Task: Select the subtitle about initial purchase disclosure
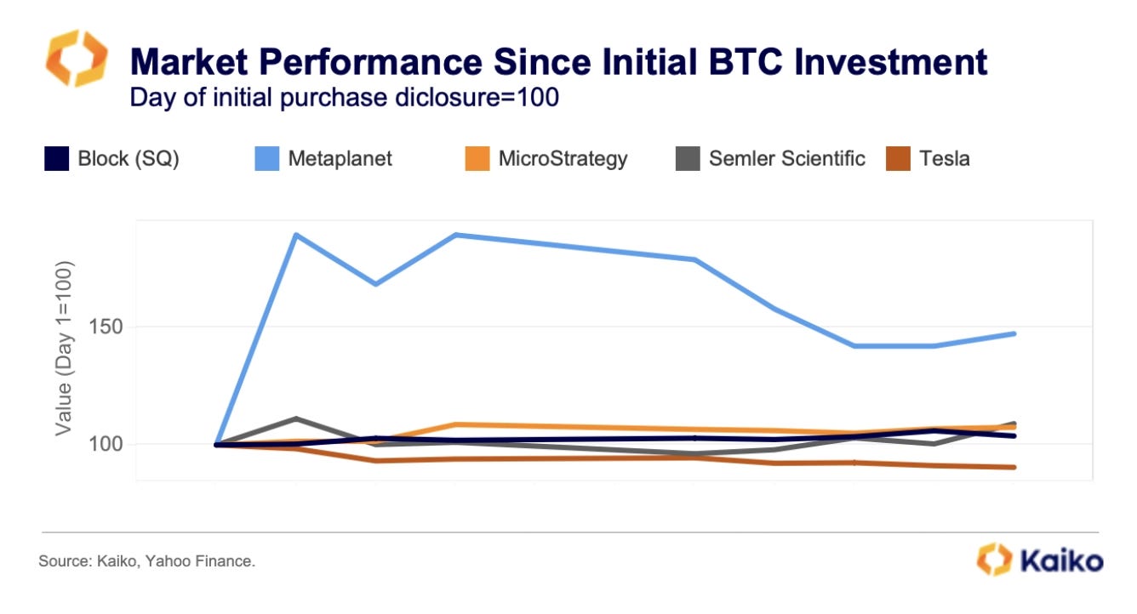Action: click(x=344, y=97)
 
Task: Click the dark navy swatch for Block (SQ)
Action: click(x=56, y=158)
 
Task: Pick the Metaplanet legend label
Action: click(x=340, y=158)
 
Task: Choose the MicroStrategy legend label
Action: click(x=563, y=158)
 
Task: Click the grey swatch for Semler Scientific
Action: click(x=688, y=158)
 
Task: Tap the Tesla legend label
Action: click(x=944, y=158)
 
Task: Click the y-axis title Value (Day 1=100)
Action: click(x=65, y=349)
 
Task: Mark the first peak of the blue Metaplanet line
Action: click(x=295, y=234)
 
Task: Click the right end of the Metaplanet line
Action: click(x=1014, y=333)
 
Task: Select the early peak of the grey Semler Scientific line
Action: click(x=295, y=418)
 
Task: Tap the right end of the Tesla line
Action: click(x=1014, y=467)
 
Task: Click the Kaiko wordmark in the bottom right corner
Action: click(x=1060, y=560)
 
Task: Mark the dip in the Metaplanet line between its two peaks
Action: click(x=375, y=284)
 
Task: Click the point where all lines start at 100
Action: click(x=217, y=444)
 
